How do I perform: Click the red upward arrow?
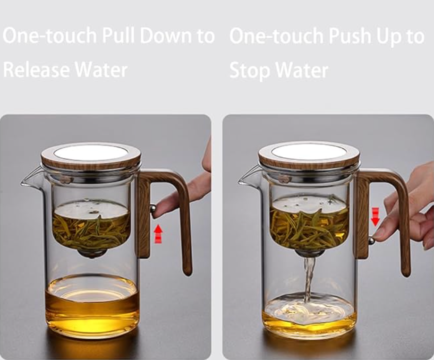coord(158,233)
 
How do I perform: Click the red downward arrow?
coord(375,216)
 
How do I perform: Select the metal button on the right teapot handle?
coord(371,241)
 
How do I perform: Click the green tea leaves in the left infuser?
coord(91,229)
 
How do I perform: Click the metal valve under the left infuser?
coord(92,254)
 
